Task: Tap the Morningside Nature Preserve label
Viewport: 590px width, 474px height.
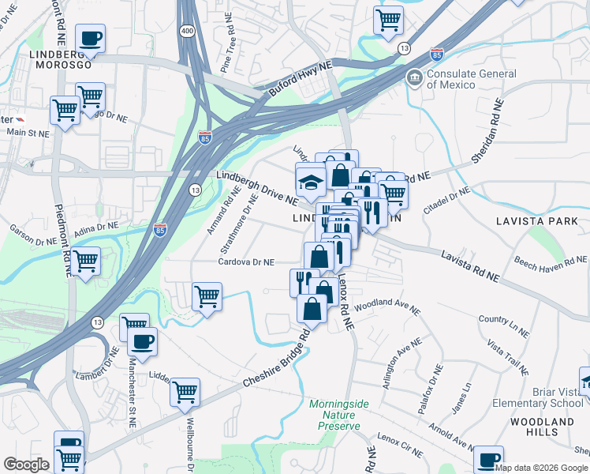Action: point(338,415)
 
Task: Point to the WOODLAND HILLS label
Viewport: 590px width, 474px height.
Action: point(543,427)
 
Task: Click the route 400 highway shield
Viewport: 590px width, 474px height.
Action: point(187,30)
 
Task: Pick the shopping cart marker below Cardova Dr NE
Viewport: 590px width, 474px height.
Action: point(207,297)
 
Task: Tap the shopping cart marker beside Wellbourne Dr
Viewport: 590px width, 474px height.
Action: point(185,392)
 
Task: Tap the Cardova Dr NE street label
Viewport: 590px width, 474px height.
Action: point(246,262)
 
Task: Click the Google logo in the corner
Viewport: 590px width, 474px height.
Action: point(26,465)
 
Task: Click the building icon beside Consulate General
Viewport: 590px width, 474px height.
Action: point(414,80)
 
